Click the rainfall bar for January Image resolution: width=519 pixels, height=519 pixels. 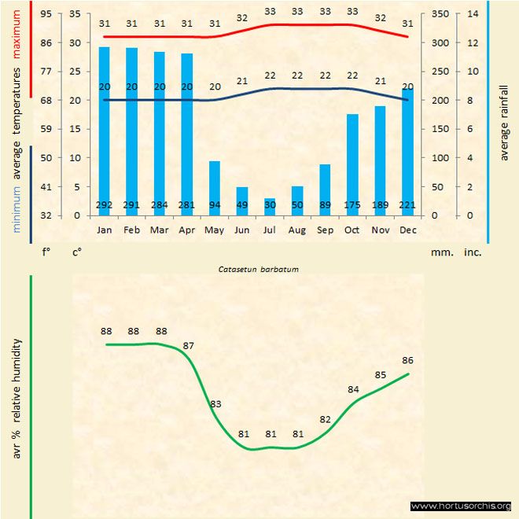coord(104,126)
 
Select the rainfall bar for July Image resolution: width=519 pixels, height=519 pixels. coord(270,206)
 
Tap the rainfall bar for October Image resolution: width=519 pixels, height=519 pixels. coord(352,161)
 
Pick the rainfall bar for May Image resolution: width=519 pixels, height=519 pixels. coord(214,186)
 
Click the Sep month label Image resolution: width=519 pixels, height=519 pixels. coord(325,230)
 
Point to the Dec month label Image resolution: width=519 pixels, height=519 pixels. coord(407,230)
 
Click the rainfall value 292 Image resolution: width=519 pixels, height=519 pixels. coord(104,206)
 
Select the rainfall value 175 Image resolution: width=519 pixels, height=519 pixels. coord(352,206)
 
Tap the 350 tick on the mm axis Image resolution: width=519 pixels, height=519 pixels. coord(440,13)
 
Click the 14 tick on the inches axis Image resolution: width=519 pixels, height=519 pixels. coord(472,13)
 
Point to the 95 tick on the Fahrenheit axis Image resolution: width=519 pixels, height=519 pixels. coord(46,13)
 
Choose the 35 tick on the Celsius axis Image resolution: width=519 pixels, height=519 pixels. coord(75,13)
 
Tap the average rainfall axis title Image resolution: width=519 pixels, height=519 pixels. coord(505,122)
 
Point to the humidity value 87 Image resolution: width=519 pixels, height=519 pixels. coord(189,346)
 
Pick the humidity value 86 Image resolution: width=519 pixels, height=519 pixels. coord(407,360)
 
